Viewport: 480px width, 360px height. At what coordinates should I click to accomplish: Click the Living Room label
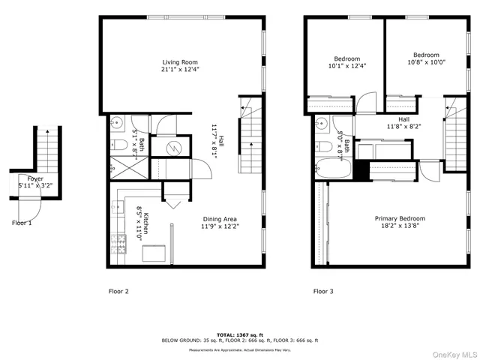(179, 62)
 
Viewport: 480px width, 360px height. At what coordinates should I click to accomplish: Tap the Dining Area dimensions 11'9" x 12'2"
(220, 227)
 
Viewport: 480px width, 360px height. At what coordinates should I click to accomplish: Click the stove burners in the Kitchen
(118, 241)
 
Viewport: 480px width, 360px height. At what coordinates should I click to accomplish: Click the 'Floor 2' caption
(118, 290)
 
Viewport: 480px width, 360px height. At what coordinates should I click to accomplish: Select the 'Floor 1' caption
(22, 223)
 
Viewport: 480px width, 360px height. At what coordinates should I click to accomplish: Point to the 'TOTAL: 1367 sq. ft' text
(239, 334)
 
